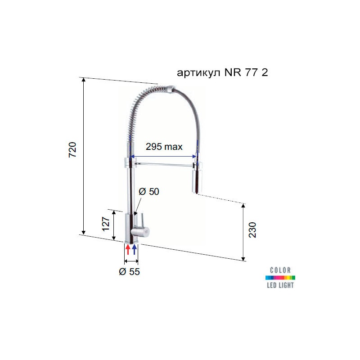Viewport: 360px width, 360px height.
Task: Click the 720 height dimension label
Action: (73, 150)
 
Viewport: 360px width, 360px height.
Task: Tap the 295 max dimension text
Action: (164, 147)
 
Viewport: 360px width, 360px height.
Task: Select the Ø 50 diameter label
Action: (149, 192)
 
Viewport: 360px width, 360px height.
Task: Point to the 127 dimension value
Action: (106, 223)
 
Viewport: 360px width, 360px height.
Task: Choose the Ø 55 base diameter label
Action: (130, 272)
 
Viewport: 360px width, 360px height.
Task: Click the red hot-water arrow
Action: (128, 249)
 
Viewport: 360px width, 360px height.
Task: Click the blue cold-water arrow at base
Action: (134, 249)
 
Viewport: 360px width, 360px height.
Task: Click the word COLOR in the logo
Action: (280, 270)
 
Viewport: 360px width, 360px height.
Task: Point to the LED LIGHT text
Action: (280, 285)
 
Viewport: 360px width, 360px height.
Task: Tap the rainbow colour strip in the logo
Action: (280, 278)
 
